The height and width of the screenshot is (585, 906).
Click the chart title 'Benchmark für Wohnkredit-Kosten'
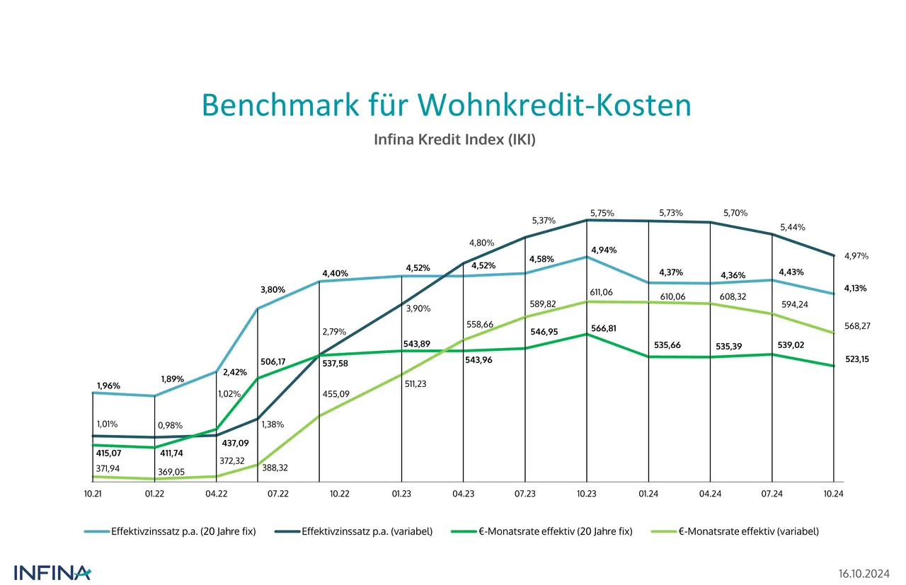click(x=446, y=105)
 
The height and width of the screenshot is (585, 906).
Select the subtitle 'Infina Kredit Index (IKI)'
click(x=454, y=140)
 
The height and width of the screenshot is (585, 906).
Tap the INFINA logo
click(x=52, y=572)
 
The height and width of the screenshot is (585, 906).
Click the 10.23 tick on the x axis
click(x=587, y=494)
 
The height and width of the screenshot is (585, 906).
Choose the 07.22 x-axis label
click(x=277, y=494)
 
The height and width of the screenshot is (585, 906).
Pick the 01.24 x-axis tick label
click(x=648, y=494)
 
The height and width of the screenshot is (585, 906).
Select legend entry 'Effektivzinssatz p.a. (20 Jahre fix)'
click(x=182, y=531)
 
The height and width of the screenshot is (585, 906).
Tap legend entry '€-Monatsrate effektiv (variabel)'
click(x=748, y=531)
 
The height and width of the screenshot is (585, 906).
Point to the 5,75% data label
click(x=602, y=213)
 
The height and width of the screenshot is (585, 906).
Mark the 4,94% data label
click(x=604, y=250)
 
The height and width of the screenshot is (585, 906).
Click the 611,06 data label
click(x=603, y=292)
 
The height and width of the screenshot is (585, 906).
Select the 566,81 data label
click(x=604, y=328)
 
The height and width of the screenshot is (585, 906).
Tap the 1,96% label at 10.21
click(x=108, y=386)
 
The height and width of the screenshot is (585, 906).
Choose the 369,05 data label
click(x=170, y=471)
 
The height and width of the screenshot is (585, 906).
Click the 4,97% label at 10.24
click(x=856, y=256)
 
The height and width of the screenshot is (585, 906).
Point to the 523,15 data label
click(x=857, y=359)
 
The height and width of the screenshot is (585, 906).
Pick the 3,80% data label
click(x=273, y=289)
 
